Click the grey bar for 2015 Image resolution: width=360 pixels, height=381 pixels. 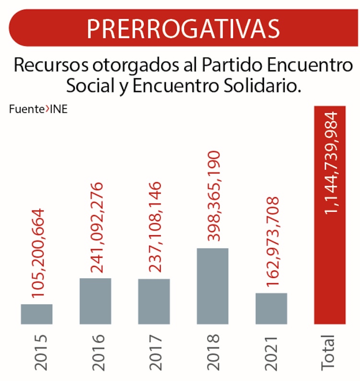point(36,314)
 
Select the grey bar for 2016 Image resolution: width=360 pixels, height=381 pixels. point(95,301)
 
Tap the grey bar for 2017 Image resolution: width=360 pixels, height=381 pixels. point(154,301)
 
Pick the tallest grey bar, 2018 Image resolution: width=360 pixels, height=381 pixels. point(212,286)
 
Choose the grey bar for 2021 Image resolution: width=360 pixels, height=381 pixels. point(271,309)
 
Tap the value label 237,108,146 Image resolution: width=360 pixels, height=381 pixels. point(155,226)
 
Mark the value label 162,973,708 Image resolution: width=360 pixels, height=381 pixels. point(272,242)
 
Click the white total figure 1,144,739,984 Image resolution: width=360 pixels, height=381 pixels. point(331,163)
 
